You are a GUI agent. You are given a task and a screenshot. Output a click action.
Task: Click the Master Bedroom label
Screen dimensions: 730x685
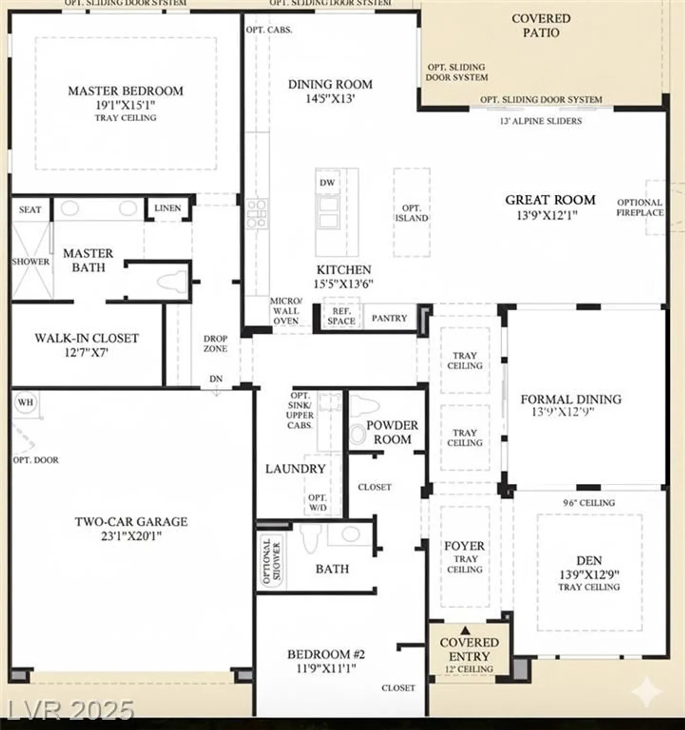coord(126,91)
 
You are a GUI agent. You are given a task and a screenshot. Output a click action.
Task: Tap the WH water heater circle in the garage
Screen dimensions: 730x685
coord(25,402)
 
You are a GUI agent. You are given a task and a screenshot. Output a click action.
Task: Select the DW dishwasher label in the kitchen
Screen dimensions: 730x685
coord(327,182)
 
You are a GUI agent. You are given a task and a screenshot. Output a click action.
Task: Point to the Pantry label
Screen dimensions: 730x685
coord(389,318)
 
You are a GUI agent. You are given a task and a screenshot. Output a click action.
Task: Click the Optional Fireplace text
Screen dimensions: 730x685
coord(640,207)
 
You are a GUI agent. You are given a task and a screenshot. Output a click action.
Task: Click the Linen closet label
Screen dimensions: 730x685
coord(167,208)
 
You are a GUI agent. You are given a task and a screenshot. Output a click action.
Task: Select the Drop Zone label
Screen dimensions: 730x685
coord(215,343)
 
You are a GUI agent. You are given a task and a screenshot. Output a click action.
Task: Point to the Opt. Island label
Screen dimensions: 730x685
coord(412,213)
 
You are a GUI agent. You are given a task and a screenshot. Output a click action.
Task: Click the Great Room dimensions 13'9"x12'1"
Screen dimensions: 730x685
coord(547,215)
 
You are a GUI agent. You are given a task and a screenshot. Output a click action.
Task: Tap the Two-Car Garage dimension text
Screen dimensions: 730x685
coord(131,536)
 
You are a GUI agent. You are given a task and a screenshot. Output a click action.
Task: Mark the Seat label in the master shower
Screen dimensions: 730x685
coord(30,210)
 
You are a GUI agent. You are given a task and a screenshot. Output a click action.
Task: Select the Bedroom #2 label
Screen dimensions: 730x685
coord(326,654)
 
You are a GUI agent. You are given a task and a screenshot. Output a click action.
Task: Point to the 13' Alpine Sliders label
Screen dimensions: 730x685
coord(541,121)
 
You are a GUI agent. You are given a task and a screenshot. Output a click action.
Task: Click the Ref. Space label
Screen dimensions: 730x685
coord(341,316)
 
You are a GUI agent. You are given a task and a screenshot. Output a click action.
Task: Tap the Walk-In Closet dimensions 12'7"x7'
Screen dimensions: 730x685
coord(86,352)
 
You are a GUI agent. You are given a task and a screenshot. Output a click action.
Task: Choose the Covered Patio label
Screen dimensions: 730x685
coord(541,25)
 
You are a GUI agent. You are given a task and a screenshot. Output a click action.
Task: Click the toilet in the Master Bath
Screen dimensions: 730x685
coord(172,282)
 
